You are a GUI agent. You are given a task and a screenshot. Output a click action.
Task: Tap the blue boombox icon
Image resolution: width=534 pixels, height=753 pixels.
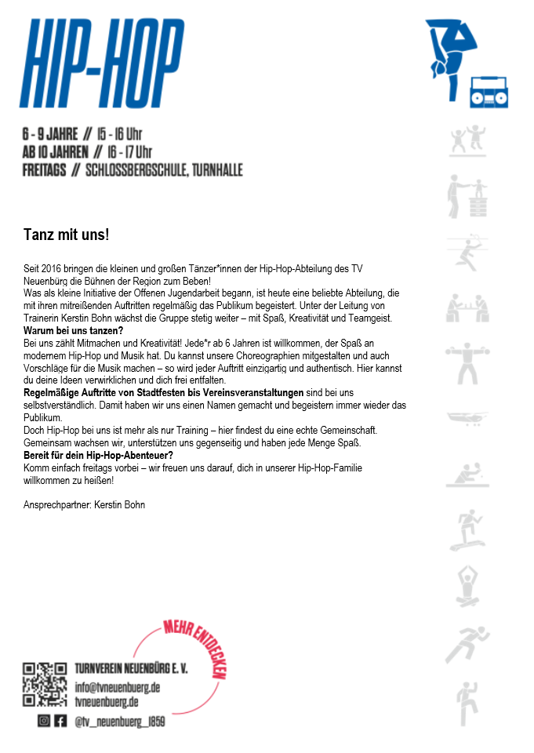pos(488,92)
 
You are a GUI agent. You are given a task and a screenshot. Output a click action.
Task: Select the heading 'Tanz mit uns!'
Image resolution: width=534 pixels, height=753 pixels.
pos(66,235)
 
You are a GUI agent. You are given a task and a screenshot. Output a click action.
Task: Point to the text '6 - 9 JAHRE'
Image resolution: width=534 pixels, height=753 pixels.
pos(50,134)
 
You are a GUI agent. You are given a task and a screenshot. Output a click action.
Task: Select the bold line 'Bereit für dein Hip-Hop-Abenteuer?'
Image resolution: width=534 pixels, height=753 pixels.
pos(97,456)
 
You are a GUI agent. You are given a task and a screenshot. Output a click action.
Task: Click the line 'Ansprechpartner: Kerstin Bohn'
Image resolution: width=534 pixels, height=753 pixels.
pos(85,504)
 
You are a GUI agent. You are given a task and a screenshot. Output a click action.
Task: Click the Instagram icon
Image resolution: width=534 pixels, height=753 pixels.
pos(44,721)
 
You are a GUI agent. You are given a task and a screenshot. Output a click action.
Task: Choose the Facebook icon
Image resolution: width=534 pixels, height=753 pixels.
pos(60,721)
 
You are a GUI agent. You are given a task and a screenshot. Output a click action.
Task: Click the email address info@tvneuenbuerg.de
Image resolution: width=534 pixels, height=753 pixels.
pos(118,687)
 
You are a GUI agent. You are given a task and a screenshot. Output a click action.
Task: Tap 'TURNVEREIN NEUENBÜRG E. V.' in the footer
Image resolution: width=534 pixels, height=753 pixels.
pos(131,669)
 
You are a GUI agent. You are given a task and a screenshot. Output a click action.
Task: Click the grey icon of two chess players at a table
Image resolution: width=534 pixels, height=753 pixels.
pos(467,307)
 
